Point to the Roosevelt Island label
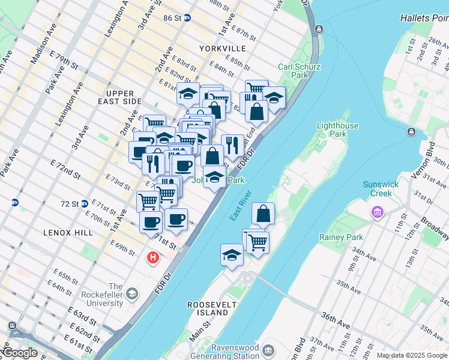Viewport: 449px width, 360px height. click(208, 308)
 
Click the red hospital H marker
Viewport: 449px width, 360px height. click(153, 258)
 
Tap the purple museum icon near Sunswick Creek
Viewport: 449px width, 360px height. click(377, 212)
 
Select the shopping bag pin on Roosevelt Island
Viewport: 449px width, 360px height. click(263, 214)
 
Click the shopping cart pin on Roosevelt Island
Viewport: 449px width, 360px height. click(257, 242)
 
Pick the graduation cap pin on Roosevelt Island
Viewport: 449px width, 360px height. click(232, 254)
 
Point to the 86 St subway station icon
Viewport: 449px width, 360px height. click(187, 18)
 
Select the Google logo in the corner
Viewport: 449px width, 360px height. click(19, 353)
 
